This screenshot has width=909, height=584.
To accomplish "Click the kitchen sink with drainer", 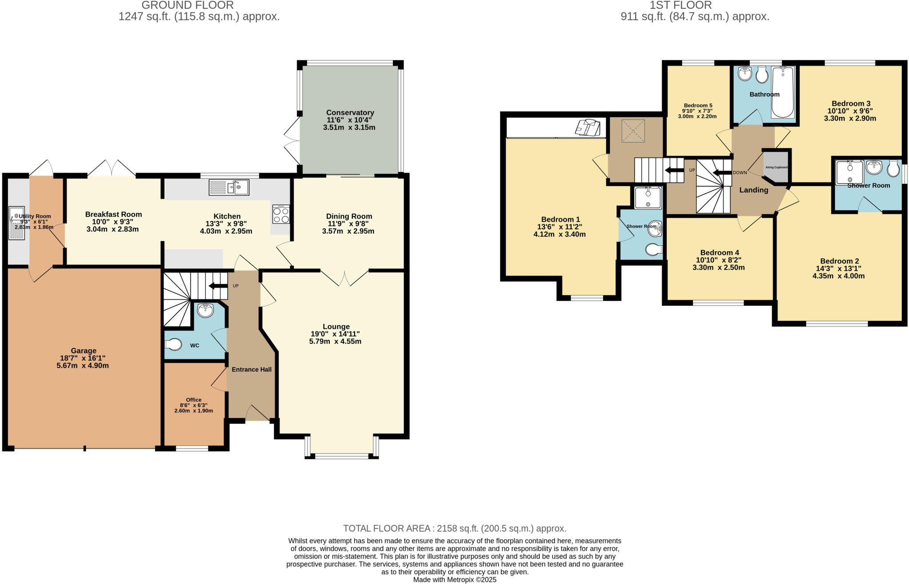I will [x=229, y=187].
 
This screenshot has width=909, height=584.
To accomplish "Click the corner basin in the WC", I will [x=206, y=311].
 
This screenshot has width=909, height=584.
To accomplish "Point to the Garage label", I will [x=83, y=351].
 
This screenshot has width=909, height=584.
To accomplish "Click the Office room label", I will [x=194, y=400].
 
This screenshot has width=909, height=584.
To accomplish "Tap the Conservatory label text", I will [x=350, y=113].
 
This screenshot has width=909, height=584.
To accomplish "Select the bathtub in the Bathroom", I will [x=783, y=92].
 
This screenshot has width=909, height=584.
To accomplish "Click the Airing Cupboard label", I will [x=776, y=167].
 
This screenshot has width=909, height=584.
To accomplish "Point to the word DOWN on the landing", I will [x=740, y=173].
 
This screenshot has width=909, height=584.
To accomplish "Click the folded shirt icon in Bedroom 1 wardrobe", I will [x=588, y=127].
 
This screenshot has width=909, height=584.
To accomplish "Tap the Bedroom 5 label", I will [x=698, y=106].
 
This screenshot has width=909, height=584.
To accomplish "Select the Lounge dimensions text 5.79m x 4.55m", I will [x=335, y=342].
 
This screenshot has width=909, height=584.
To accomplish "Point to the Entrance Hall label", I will [x=251, y=369].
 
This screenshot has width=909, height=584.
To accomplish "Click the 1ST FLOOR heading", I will [x=680, y=5].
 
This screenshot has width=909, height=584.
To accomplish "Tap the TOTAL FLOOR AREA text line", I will [x=454, y=529].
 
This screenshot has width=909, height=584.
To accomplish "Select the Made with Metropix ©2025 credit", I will [x=454, y=580].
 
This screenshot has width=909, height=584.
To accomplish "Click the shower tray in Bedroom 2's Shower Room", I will [x=849, y=173].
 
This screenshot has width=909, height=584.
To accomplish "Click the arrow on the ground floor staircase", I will [x=218, y=286].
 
